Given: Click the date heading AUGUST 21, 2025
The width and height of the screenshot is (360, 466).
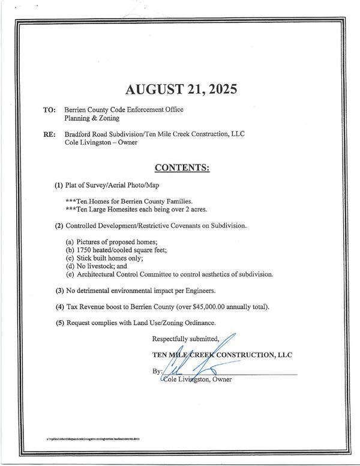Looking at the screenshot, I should click(182, 89).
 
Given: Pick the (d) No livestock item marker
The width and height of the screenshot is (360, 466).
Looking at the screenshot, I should click(70, 266).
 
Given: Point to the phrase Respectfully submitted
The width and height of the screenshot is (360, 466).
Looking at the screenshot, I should click(186, 338).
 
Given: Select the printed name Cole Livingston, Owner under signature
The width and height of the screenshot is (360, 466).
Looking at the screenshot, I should click(198, 380).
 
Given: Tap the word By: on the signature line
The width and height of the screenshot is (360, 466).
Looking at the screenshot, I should click(158, 372).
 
